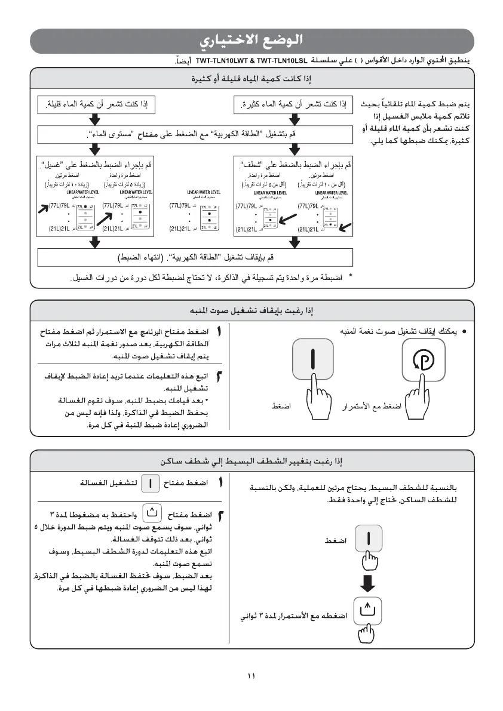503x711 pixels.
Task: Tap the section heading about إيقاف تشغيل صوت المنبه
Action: (x=251, y=311)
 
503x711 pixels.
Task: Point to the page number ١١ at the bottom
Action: (x=251, y=676)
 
